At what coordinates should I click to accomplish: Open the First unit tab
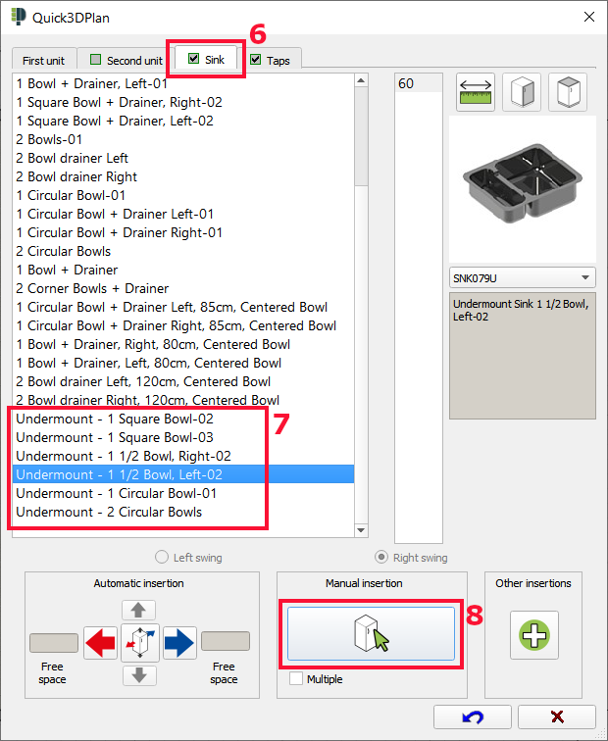pos(43,60)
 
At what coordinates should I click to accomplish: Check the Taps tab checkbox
pos(256,60)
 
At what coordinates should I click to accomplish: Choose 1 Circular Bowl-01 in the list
pos(72,195)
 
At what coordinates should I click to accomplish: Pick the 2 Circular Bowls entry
pos(64,251)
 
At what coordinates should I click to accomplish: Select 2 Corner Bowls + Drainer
pos(92,288)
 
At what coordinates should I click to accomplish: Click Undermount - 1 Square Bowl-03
pos(115,437)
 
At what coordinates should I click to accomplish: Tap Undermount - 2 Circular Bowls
pos(109,512)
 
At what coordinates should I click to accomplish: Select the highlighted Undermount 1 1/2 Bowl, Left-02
pos(119,474)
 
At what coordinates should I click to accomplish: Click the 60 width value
pos(406,84)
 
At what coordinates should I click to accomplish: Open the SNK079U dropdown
pos(522,277)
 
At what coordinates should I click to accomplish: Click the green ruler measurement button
pos(476,93)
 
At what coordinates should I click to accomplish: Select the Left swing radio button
pos(162,558)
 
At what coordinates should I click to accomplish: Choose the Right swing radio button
pos(382,558)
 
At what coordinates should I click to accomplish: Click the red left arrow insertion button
pos(100,643)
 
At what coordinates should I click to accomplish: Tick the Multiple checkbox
pos(296,678)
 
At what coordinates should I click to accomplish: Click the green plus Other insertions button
pos(533,634)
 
